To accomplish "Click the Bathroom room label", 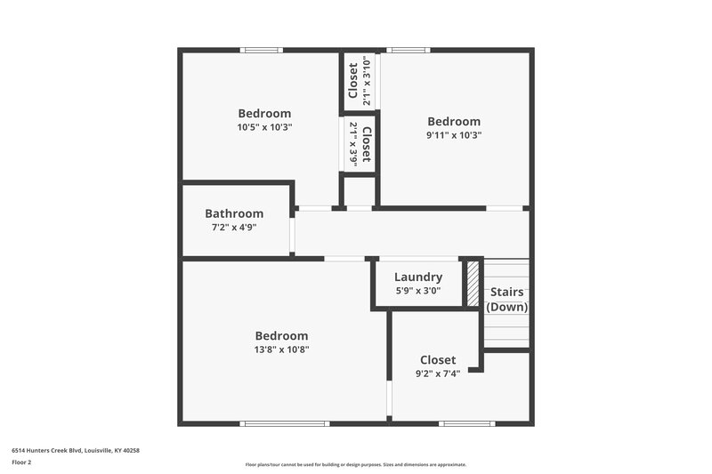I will [234, 213].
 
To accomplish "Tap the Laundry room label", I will [418, 277].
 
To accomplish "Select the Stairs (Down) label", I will [506, 299].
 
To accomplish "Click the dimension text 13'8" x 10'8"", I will [281, 349].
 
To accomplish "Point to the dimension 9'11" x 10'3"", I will [454, 135].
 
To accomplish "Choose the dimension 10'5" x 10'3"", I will [264, 127].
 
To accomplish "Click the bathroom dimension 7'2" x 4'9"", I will [234, 228].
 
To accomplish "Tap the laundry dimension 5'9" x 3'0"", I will [418, 291].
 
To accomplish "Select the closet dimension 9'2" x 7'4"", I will [438, 374].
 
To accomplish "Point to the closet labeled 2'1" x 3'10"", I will [360, 80].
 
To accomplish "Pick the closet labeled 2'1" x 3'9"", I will [360, 143].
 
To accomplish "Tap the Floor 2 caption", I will [21, 462].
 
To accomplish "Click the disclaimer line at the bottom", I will [355, 464].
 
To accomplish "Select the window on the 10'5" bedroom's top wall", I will [263, 50].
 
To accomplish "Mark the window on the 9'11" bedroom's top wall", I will [408, 50].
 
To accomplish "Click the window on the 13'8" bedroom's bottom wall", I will [286, 423].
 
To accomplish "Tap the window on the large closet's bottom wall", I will [467, 423].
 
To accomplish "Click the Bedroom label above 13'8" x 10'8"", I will [281, 336].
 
